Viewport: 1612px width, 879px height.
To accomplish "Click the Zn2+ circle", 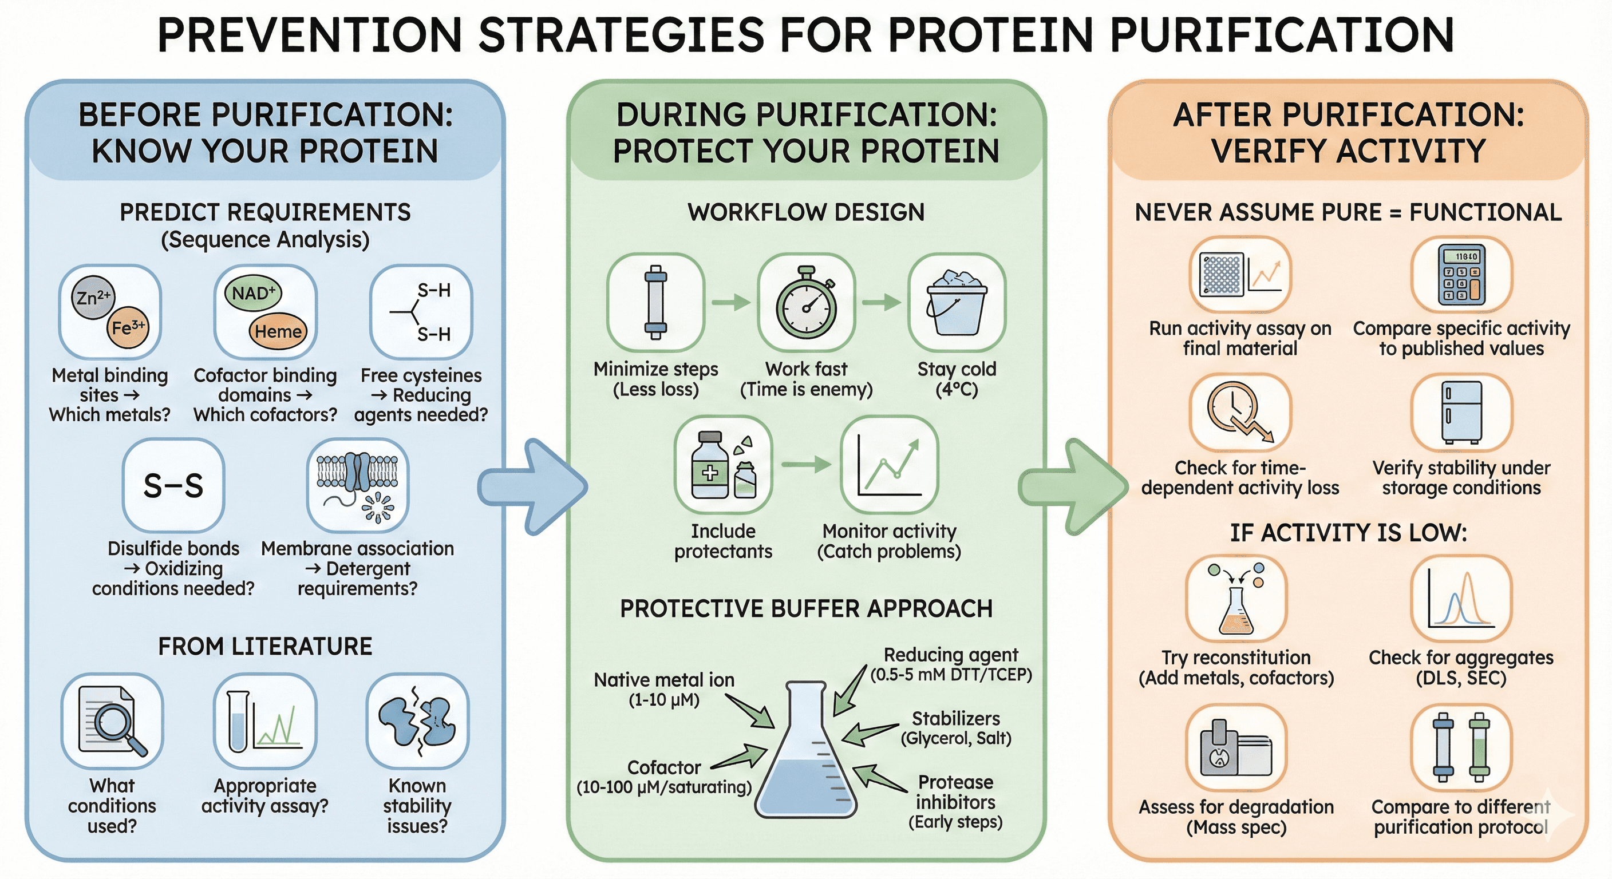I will (x=93, y=297).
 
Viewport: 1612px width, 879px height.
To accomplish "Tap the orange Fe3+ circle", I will (x=128, y=327).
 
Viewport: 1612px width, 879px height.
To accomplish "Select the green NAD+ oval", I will (x=253, y=293).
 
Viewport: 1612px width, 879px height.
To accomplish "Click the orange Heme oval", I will (x=278, y=331).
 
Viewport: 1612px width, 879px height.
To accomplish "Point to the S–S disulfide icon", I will (x=173, y=485).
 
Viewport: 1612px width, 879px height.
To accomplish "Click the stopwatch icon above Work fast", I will (x=806, y=303).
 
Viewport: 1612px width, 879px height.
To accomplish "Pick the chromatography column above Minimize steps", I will (x=655, y=303).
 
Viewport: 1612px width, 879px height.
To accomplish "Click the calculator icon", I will (x=1461, y=275).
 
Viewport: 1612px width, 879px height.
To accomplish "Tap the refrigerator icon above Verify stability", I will (x=1461, y=412).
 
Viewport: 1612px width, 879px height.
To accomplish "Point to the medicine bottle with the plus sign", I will (x=710, y=466).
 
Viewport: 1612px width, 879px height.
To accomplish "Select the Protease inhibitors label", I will (x=955, y=792).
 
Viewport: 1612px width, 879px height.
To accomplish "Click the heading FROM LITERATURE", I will (x=264, y=646).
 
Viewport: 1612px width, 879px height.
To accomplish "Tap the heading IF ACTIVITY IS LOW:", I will (x=1348, y=533).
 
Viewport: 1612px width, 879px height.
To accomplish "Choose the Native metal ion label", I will (x=664, y=679).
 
